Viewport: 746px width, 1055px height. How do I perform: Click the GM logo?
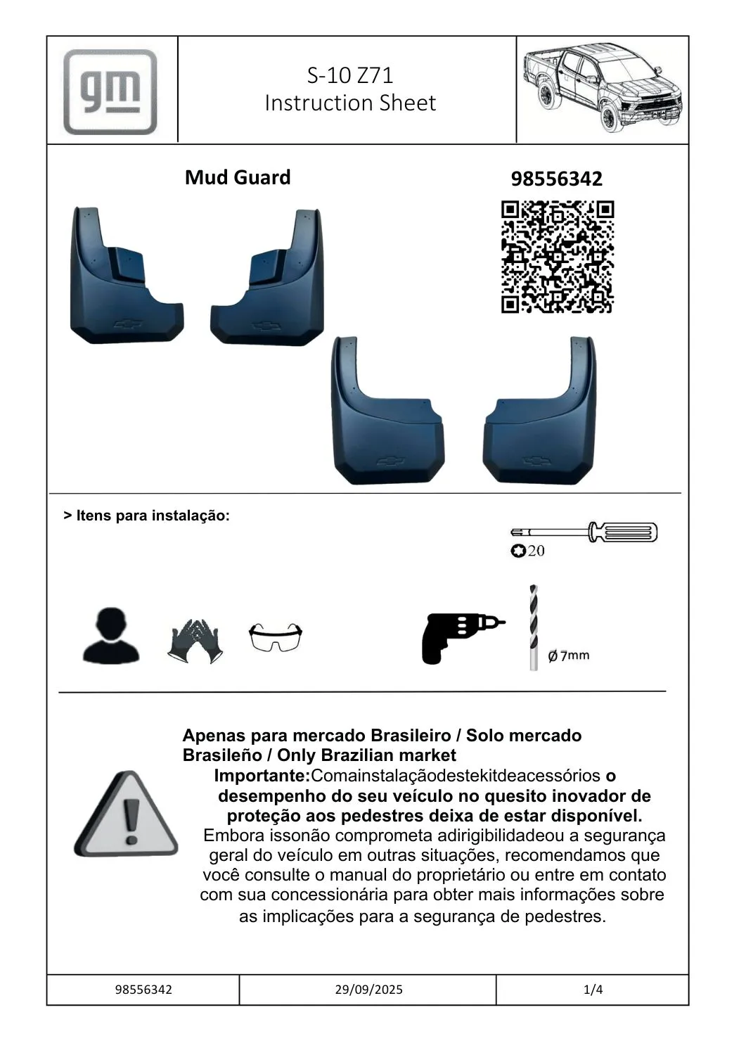tap(110, 91)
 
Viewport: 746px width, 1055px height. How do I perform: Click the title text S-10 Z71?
tap(349, 75)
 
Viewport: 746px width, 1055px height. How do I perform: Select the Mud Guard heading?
tap(238, 177)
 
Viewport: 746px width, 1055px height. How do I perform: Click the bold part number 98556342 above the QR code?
tap(556, 179)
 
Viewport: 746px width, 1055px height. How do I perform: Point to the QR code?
tap(557, 257)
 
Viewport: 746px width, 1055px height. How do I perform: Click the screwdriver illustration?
tap(585, 532)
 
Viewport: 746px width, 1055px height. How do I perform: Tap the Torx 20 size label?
tap(528, 551)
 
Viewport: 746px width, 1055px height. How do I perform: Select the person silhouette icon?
tap(111, 637)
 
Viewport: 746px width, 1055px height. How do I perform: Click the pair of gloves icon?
tap(195, 641)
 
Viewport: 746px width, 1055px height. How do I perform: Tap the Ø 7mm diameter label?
tap(568, 656)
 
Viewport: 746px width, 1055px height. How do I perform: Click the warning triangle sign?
tap(127, 816)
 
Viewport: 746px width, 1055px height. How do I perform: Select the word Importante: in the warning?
tap(262, 776)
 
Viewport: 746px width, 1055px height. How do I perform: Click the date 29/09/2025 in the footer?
tap(368, 990)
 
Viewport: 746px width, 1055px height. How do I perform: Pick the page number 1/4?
tap(593, 990)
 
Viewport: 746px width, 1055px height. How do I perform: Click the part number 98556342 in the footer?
tap(143, 990)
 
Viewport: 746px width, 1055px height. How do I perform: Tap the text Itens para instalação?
tap(147, 516)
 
